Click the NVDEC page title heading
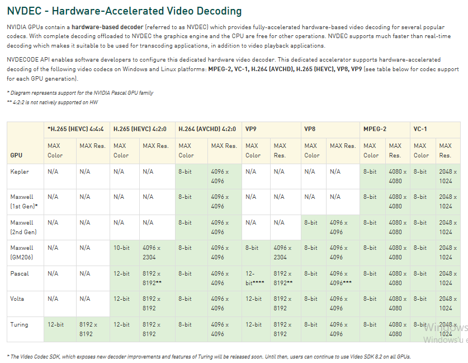(124, 11)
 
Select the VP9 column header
(251, 129)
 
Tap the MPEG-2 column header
(375, 129)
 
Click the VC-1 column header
(420, 129)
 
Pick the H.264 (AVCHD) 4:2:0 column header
(207, 129)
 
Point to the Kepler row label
(20, 171)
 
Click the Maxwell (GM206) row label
(22, 253)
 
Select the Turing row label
(19, 324)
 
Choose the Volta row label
(18, 299)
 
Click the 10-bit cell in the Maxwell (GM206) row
(121, 248)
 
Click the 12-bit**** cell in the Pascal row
(254, 278)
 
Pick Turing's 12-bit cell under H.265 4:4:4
(55, 324)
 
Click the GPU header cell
(16, 155)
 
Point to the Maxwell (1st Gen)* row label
(23, 202)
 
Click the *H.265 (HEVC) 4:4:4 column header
(76, 129)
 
